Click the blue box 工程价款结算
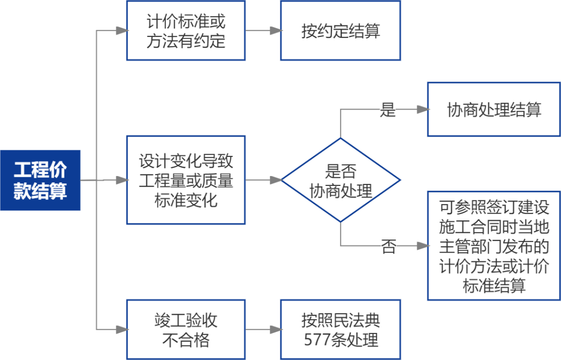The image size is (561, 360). (41, 180)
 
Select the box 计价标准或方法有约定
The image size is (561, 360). (186, 31)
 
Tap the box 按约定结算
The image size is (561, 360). (341, 31)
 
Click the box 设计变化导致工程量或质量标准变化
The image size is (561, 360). (186, 180)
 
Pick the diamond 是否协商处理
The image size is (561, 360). (341, 180)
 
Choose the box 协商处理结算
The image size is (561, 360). (493, 110)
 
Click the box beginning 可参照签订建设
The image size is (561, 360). (493, 245)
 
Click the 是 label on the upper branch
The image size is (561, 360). (388, 110)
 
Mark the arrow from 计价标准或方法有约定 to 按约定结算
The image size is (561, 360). (263, 31)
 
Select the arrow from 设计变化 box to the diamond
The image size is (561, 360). (263, 180)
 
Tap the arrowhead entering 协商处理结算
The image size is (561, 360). (423, 110)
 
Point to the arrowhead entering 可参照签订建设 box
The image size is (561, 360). (423, 246)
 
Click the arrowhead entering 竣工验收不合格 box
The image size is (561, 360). (122, 329)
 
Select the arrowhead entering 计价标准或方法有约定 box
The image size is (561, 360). (122, 31)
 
